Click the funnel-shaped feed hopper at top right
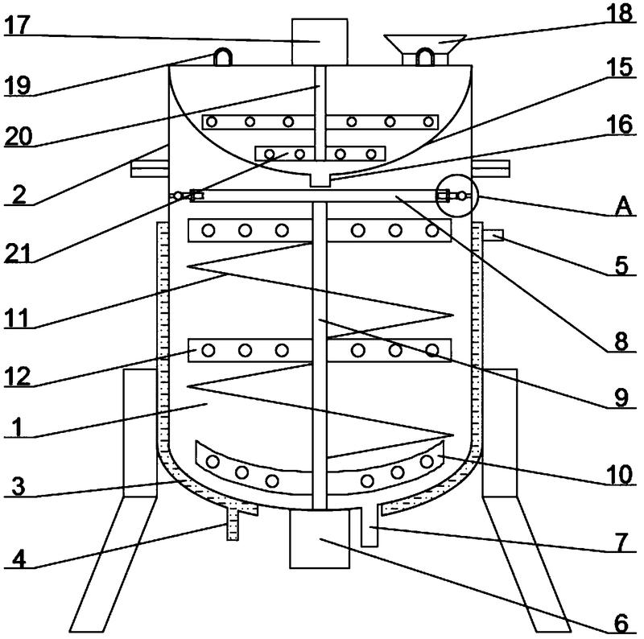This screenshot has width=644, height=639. tap(426, 43)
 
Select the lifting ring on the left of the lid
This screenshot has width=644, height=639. tap(222, 57)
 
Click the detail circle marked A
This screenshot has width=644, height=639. tap(456, 196)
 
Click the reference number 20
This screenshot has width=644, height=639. tap(17, 137)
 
